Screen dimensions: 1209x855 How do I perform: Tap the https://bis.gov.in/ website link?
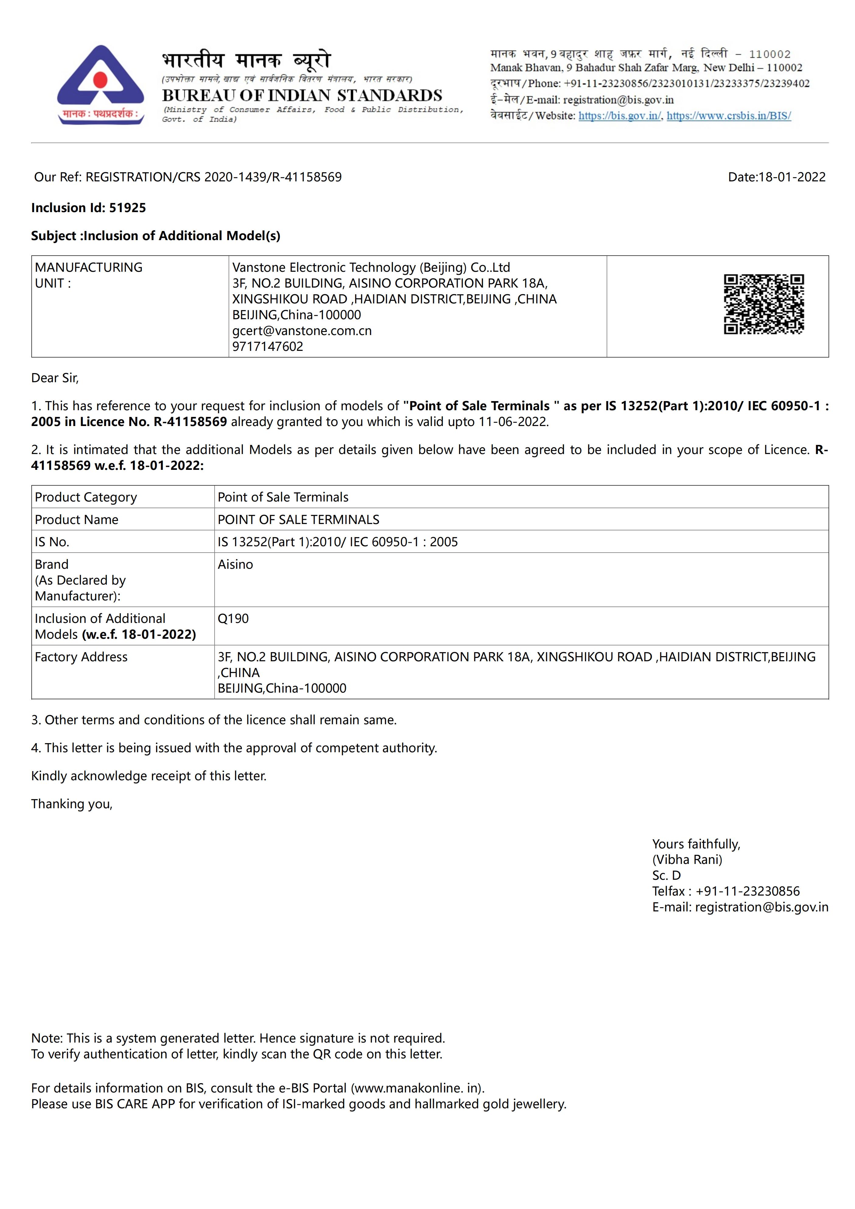619,116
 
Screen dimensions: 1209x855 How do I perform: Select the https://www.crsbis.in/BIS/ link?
729,116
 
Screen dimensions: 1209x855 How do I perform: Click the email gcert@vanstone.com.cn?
302,331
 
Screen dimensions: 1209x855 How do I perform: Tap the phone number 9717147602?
268,347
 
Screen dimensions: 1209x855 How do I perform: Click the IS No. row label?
52,542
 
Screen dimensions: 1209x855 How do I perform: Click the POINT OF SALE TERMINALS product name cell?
298,520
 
